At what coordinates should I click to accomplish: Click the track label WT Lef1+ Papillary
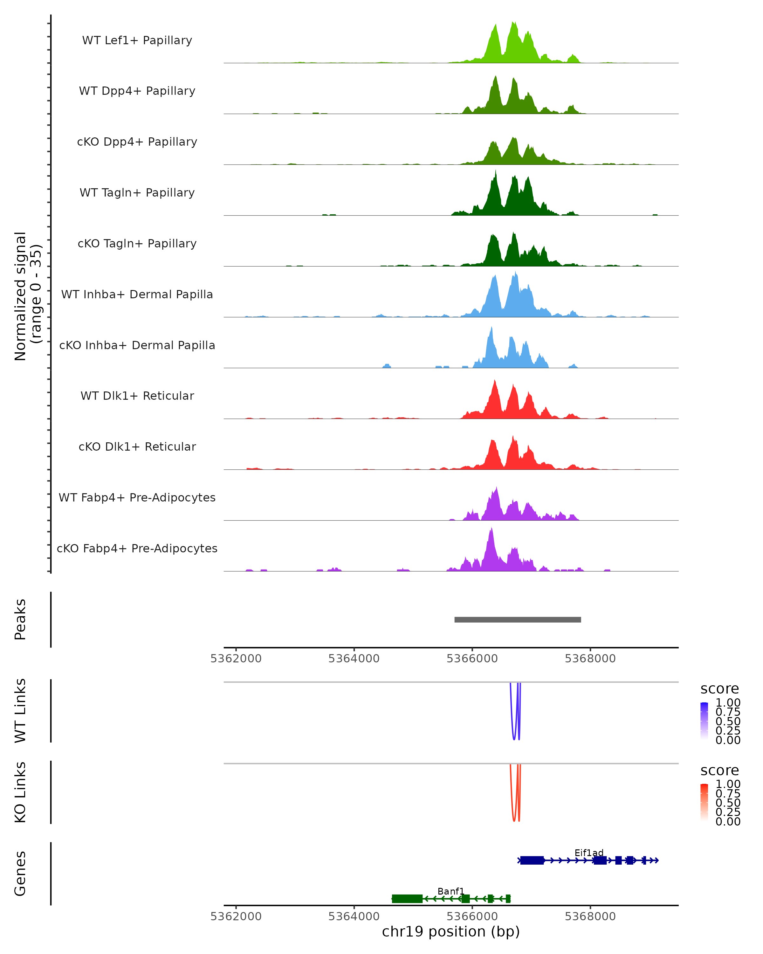pos(137,40)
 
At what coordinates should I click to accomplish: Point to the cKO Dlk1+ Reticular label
pos(137,446)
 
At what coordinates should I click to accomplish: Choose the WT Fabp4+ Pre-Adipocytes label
pos(137,497)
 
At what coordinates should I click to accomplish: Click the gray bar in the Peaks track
pos(518,619)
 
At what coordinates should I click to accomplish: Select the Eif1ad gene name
pos(589,853)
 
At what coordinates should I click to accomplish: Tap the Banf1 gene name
pos(451,891)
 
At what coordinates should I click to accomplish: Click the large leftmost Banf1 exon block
pos(407,898)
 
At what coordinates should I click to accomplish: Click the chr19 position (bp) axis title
pos(451,931)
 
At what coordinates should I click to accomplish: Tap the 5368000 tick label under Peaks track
pos(590,659)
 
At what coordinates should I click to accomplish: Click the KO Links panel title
pos(20,792)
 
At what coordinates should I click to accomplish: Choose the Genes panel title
pos(20,874)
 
